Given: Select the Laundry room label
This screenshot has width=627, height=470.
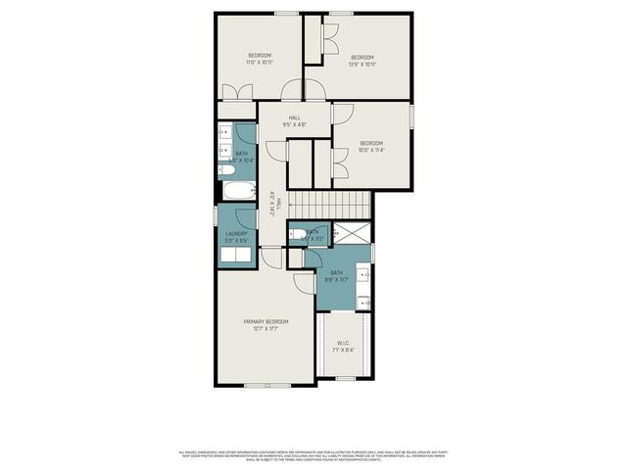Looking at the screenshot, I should [236, 234].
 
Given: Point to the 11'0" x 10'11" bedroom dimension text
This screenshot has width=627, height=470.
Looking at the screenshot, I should [259, 62].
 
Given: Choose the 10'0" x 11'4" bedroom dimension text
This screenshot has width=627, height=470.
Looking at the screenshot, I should [370, 150].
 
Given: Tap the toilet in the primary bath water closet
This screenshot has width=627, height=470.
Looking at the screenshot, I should [296, 234].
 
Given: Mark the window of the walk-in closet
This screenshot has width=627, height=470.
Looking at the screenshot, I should [345, 378].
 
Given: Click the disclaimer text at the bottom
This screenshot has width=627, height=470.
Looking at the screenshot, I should [313, 455].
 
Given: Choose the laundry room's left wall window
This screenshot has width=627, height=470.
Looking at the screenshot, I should [217, 214].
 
